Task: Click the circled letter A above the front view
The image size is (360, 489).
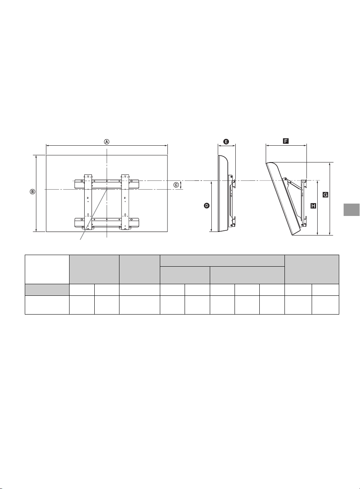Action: click(x=106, y=142)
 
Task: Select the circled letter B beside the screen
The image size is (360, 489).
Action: click(x=32, y=192)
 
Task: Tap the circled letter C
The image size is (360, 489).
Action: click(x=176, y=185)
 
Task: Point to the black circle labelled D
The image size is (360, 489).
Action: click(x=207, y=206)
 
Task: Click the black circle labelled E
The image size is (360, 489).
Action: click(x=226, y=142)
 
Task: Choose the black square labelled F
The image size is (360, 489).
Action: click(x=286, y=141)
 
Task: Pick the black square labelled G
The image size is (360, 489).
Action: click(x=325, y=195)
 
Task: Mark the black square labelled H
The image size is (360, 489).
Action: click(x=313, y=206)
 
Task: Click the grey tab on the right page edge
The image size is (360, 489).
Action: click(x=352, y=210)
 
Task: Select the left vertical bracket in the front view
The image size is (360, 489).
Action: click(x=88, y=202)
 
